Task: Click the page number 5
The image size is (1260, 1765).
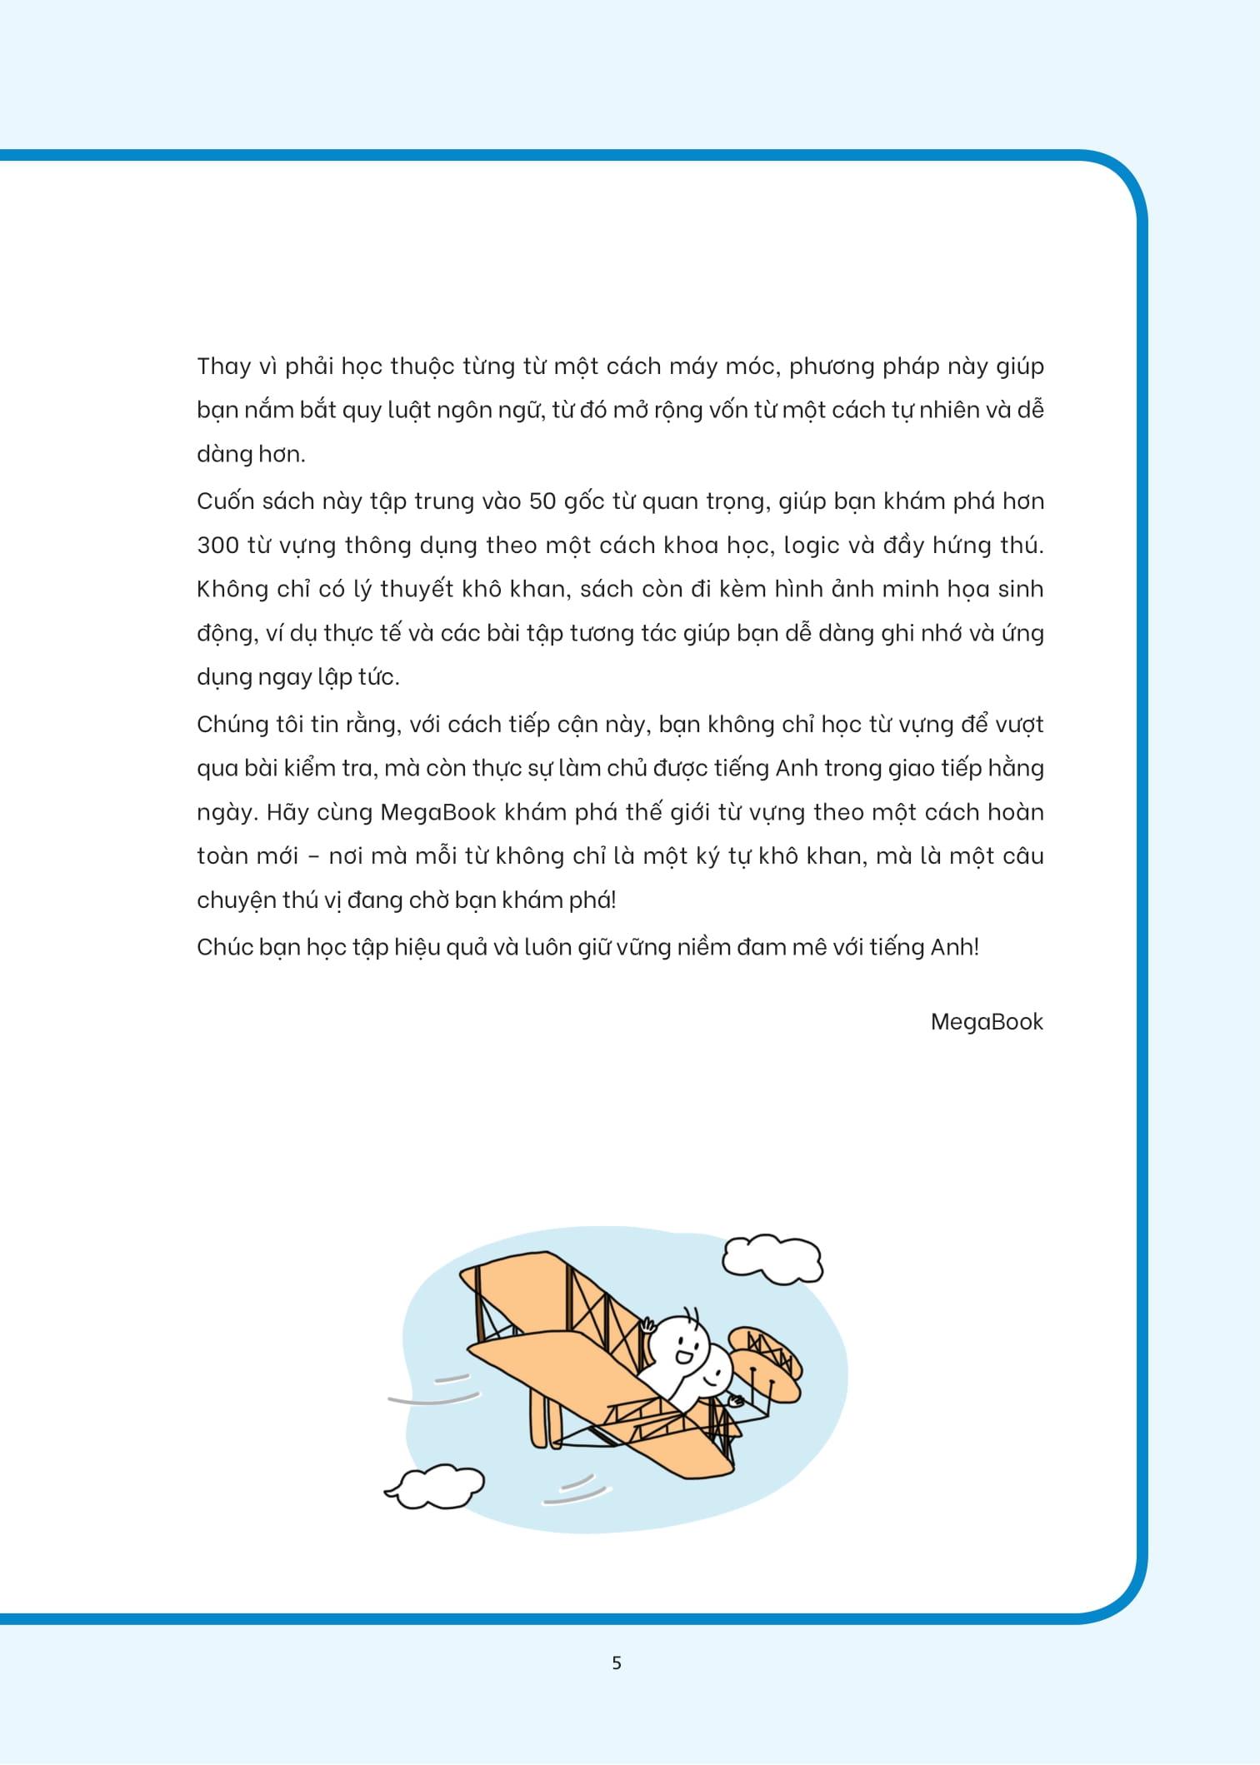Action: click(x=617, y=1663)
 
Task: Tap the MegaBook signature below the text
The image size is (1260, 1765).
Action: click(x=986, y=1022)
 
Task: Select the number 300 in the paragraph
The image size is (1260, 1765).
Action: click(x=217, y=546)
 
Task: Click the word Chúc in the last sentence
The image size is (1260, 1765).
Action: click(x=223, y=947)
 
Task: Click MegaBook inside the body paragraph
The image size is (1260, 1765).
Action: click(x=437, y=812)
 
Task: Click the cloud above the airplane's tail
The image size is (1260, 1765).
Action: click(x=772, y=1259)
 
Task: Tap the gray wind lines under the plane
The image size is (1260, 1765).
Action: click(x=574, y=1490)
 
